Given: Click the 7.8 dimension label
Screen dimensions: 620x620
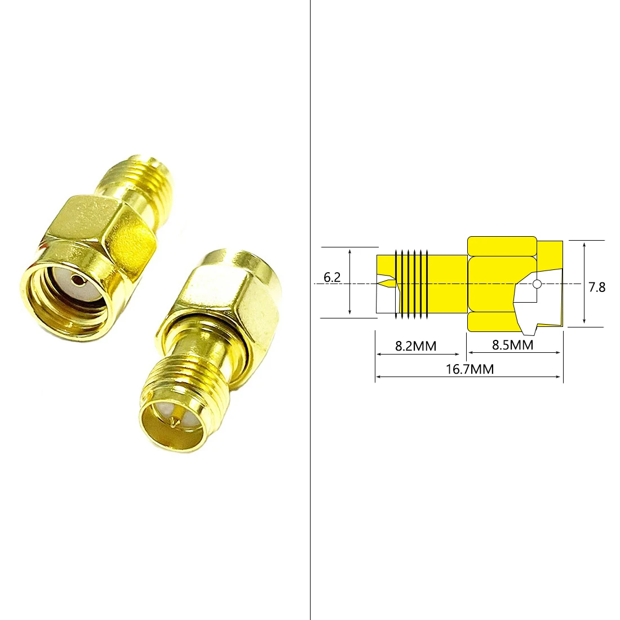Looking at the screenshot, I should point(597,287).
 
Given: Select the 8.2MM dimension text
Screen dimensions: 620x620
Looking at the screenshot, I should point(415,346).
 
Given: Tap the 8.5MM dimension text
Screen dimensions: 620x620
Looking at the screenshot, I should point(512,344).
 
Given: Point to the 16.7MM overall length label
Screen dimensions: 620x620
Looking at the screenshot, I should point(470,369).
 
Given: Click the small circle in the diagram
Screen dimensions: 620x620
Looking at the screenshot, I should point(537,284).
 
